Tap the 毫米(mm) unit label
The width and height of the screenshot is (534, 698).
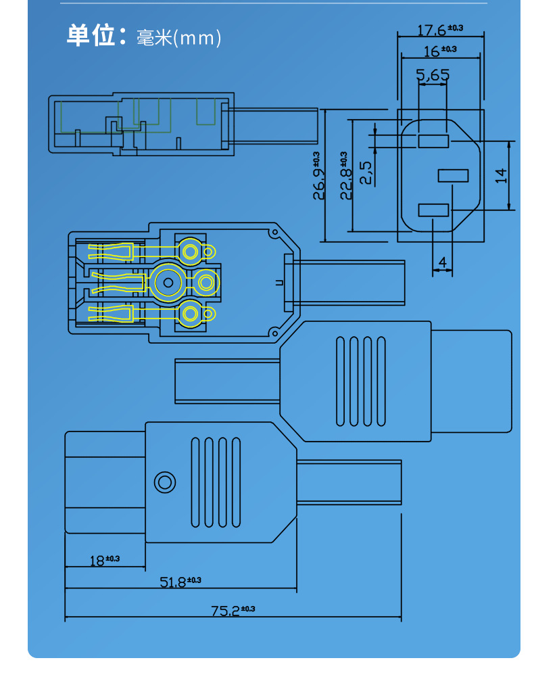[178, 38]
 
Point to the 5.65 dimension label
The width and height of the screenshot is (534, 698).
[433, 75]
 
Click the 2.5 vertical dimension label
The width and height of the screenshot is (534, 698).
[366, 172]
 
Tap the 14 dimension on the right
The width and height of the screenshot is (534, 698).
[501, 175]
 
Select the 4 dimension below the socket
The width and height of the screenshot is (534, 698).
[442, 261]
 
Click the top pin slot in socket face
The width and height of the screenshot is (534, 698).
[433, 141]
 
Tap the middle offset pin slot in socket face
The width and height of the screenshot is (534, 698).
[453, 176]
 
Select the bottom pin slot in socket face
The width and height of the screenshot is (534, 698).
[433, 210]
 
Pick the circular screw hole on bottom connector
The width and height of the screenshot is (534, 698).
[164, 482]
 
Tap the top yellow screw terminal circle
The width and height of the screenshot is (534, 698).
[191, 252]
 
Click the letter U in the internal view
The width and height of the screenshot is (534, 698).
[279, 283]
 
